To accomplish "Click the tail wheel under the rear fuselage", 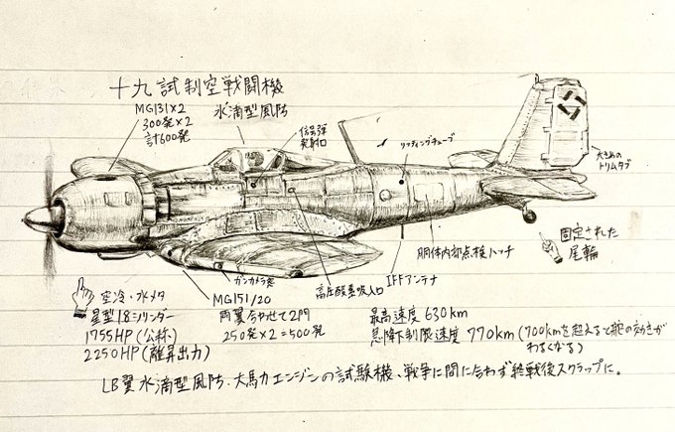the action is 529,215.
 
